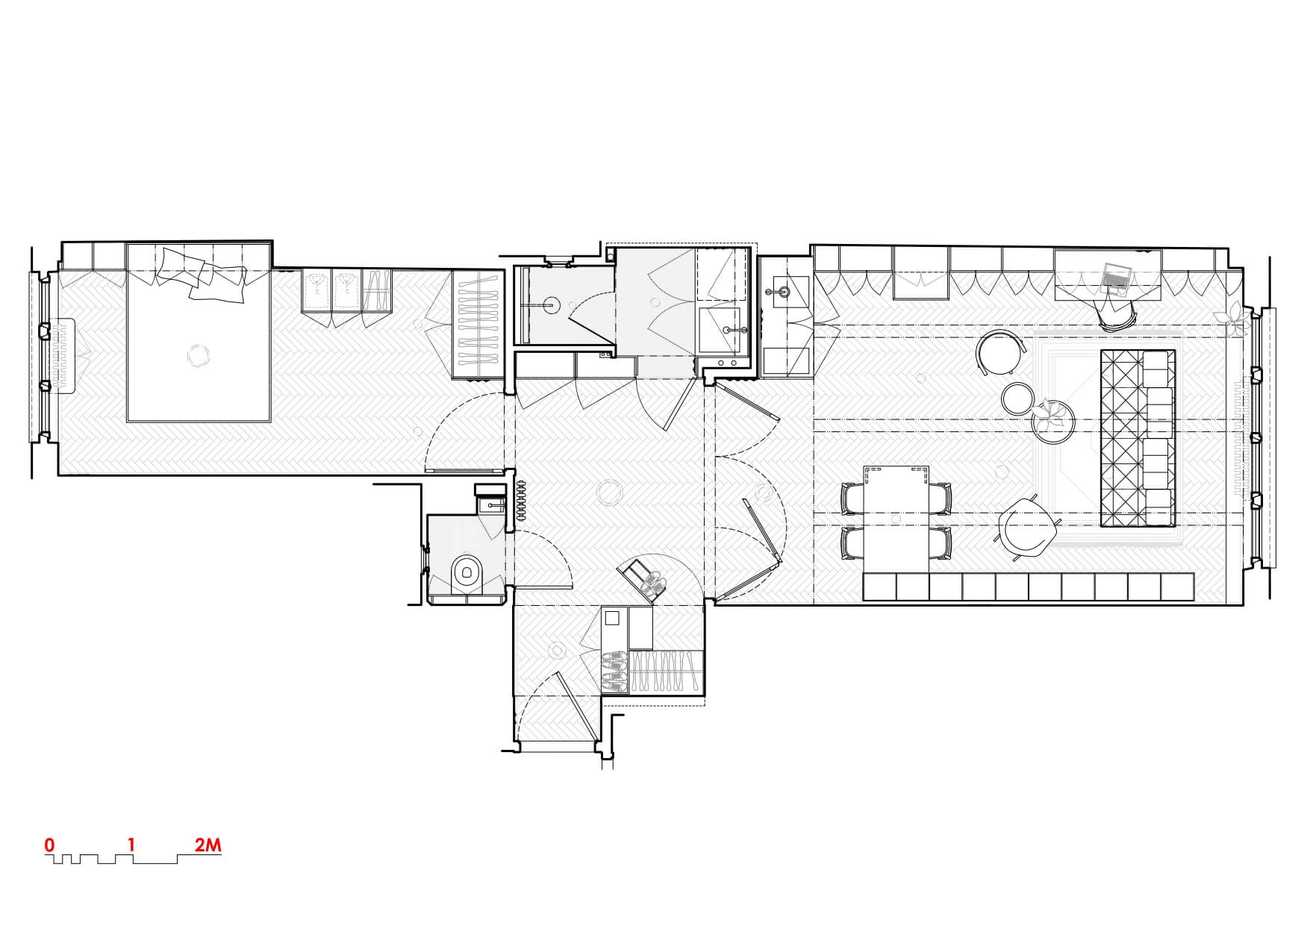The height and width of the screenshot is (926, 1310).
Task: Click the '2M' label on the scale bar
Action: tap(208, 845)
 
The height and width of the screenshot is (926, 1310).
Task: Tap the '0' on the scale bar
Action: tap(49, 845)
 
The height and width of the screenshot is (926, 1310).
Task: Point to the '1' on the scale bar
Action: tap(131, 845)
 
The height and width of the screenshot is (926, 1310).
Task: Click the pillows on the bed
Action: tap(202, 273)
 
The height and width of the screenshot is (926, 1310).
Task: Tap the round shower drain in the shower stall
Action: tap(552, 304)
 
